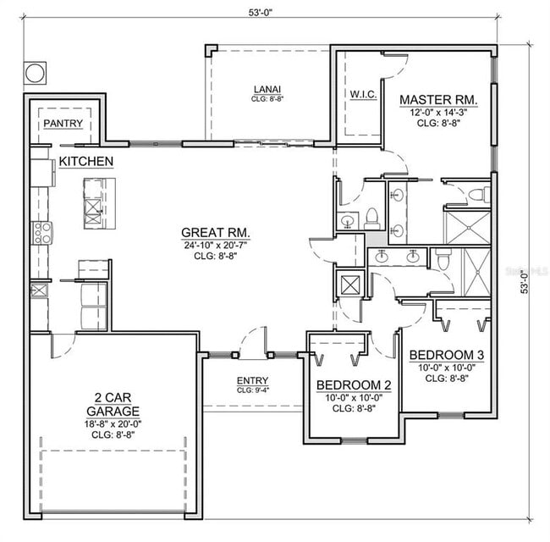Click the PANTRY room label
[63, 124]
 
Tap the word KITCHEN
[86, 161]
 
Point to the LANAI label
[267, 89]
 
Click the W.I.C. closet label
[362, 94]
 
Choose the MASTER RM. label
[438, 100]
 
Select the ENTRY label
[252, 381]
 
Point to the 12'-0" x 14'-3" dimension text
[438, 113]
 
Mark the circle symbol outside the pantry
[35, 73]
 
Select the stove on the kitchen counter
[41, 232]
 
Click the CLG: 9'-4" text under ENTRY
[252, 390]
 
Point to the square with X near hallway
[348, 282]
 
